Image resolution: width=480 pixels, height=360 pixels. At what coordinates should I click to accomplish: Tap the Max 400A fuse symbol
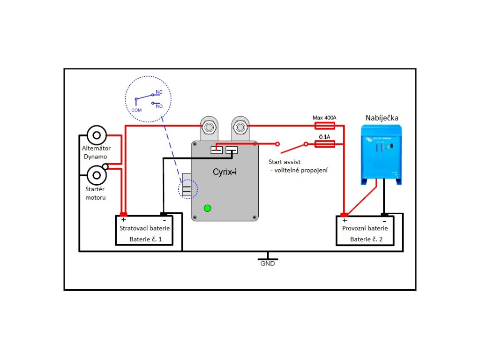point(324,125)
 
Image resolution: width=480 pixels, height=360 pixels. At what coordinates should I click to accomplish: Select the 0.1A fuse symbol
point(324,143)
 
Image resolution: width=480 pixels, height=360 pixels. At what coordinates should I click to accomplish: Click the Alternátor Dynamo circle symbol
point(97,135)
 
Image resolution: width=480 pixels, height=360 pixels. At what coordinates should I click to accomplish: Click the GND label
point(268,263)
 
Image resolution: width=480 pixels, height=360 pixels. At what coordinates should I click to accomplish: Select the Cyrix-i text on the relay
point(222,172)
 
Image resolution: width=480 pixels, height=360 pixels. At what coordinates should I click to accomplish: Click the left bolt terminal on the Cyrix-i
point(208,126)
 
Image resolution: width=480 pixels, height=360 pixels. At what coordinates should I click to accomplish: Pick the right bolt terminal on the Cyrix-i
point(240,126)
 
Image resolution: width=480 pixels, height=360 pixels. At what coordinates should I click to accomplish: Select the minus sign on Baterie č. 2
point(384,220)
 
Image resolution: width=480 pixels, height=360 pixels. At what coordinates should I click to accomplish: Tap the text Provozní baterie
point(365,228)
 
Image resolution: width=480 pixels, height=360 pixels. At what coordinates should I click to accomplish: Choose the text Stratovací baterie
point(145,228)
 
